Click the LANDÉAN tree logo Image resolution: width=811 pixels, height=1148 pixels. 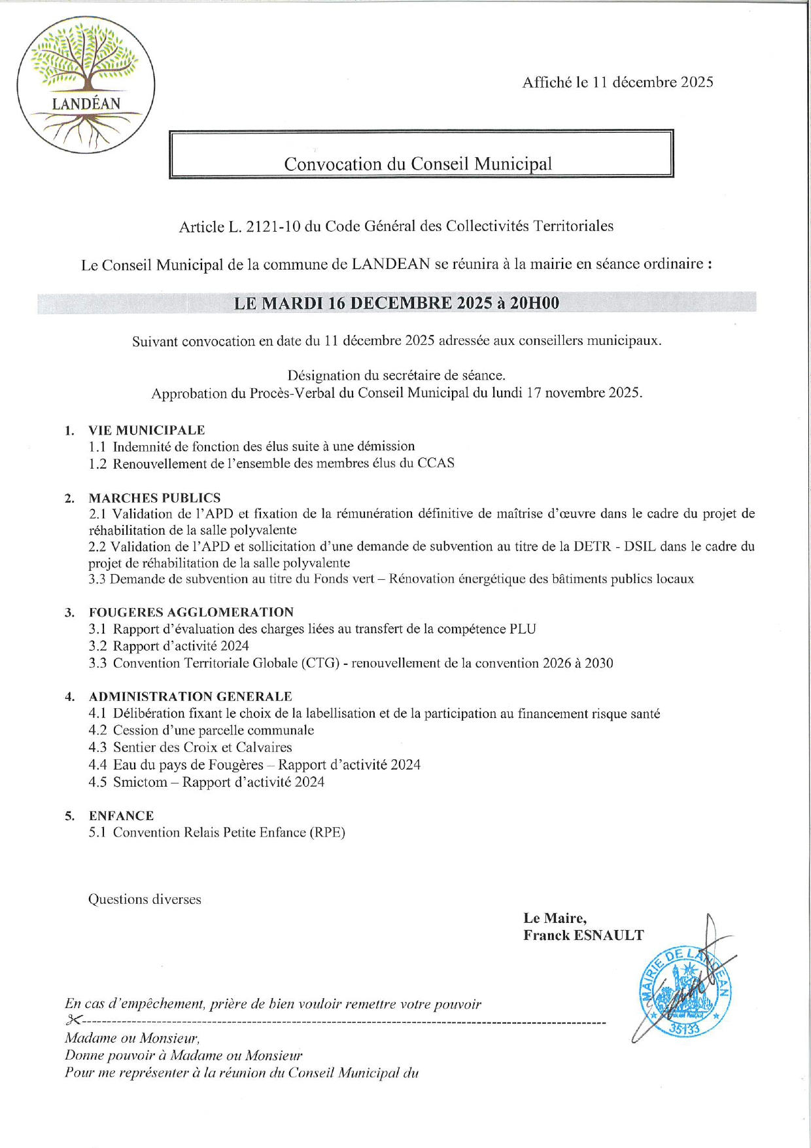[86, 84]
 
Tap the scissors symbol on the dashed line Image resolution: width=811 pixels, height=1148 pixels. [73, 1020]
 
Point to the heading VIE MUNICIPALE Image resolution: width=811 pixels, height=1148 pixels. [147, 430]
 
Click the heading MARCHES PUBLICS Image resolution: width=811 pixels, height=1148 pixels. [154, 498]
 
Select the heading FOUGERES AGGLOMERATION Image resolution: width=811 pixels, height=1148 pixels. [191, 613]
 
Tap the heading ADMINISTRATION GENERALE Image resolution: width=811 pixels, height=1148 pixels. [190, 696]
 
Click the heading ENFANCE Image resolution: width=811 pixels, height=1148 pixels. [121, 816]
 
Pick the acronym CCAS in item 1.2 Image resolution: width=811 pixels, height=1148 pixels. [436, 463]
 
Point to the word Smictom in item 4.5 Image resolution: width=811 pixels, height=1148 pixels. [140, 782]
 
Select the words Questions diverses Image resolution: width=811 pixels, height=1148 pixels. [145, 899]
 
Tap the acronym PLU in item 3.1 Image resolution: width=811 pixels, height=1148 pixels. [523, 629]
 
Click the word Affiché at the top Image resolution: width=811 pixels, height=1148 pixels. [547, 82]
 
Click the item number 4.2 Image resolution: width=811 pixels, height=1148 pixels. [97, 730]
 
